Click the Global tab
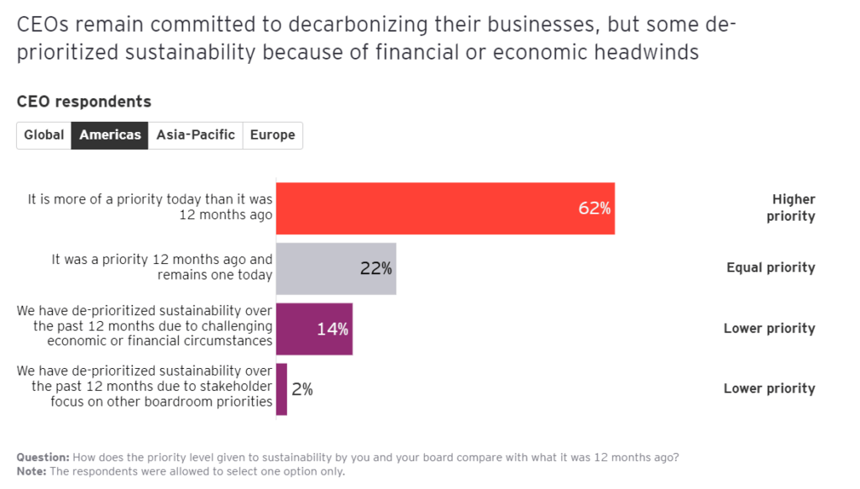44,135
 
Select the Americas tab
110,135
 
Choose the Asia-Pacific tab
196,135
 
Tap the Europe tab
272,135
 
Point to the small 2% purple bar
281,389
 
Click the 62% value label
594,208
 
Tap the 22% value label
376,269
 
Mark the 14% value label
333,329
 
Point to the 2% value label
302,389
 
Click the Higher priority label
792,208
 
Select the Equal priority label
770,268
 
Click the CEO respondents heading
84,102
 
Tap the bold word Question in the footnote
42,458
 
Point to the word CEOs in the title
43,25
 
